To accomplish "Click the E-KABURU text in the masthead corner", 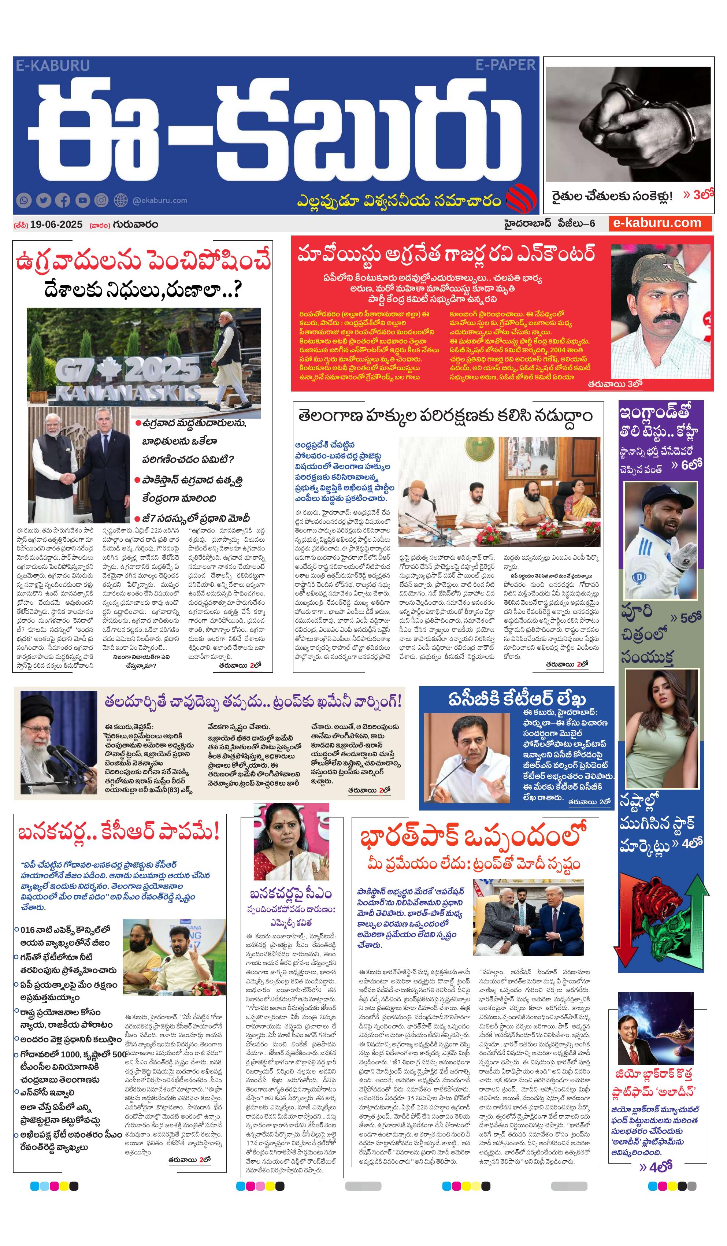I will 52,65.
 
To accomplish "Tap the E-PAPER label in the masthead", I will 505,65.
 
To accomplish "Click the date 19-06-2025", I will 56,224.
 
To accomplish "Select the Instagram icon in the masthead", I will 101,200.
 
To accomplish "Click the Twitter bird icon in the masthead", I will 44,200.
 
